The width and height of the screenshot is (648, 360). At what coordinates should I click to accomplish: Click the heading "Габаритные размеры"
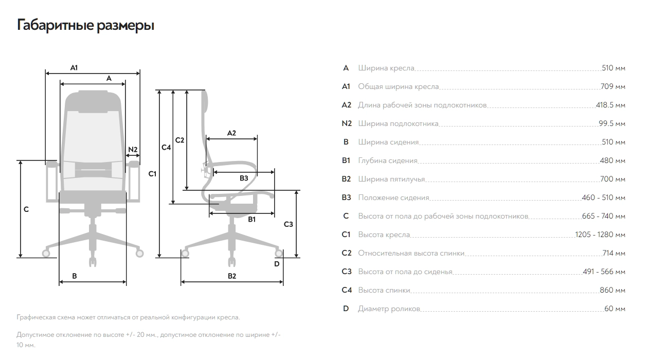[85, 25]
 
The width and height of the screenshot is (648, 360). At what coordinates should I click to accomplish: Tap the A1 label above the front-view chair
[74, 67]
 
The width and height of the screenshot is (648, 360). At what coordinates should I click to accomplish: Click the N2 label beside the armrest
[133, 149]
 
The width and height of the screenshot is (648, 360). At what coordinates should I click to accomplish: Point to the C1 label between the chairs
[152, 174]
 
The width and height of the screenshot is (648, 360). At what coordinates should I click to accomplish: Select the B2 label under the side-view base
[232, 276]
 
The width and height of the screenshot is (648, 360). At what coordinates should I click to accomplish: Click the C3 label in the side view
[289, 224]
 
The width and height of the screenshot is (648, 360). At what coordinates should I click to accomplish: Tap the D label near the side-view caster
[277, 264]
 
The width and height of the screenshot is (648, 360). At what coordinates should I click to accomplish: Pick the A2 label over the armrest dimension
[231, 133]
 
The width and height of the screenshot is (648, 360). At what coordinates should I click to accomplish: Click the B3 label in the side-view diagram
[244, 178]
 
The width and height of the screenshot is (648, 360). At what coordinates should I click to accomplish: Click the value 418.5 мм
[610, 105]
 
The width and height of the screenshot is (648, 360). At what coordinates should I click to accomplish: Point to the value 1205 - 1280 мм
[600, 235]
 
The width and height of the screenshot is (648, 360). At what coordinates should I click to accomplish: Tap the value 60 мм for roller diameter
[615, 309]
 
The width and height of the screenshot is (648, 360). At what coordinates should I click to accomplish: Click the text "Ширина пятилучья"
[391, 179]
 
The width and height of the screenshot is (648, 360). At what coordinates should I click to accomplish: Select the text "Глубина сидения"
[388, 160]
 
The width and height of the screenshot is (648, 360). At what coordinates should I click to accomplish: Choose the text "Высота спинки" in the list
[384, 290]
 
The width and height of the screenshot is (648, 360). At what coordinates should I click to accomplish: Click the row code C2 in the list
[347, 253]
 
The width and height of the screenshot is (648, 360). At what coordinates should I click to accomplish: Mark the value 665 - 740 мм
[604, 216]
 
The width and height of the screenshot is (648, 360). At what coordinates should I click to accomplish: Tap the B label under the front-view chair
[75, 276]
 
